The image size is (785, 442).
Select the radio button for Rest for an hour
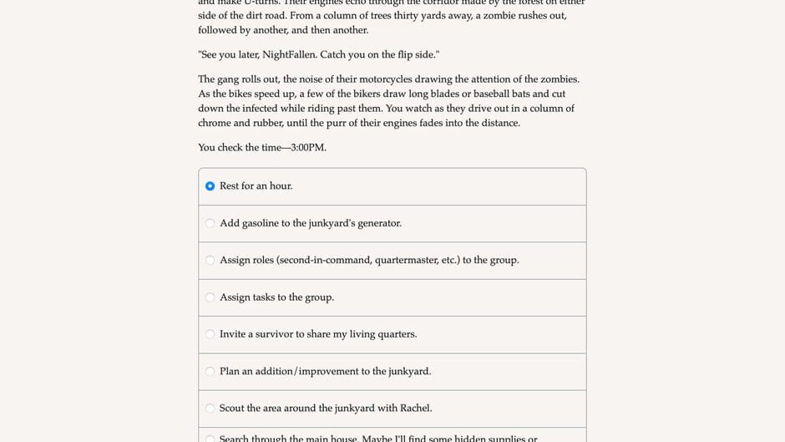pyautogui.click(x=210, y=186)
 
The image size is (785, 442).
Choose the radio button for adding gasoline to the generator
pyautogui.click(x=210, y=223)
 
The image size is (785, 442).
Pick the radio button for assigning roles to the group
pyautogui.click(x=210, y=260)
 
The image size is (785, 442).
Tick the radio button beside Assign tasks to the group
pyautogui.click(x=210, y=297)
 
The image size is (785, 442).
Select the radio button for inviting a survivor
pyautogui.click(x=210, y=334)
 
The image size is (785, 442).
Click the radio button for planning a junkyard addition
pyautogui.click(x=210, y=371)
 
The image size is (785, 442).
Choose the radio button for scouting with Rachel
pyautogui.click(x=210, y=409)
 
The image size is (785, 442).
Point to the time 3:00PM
pyautogui.click(x=308, y=148)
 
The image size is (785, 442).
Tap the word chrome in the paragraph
pyautogui.click(x=214, y=123)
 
